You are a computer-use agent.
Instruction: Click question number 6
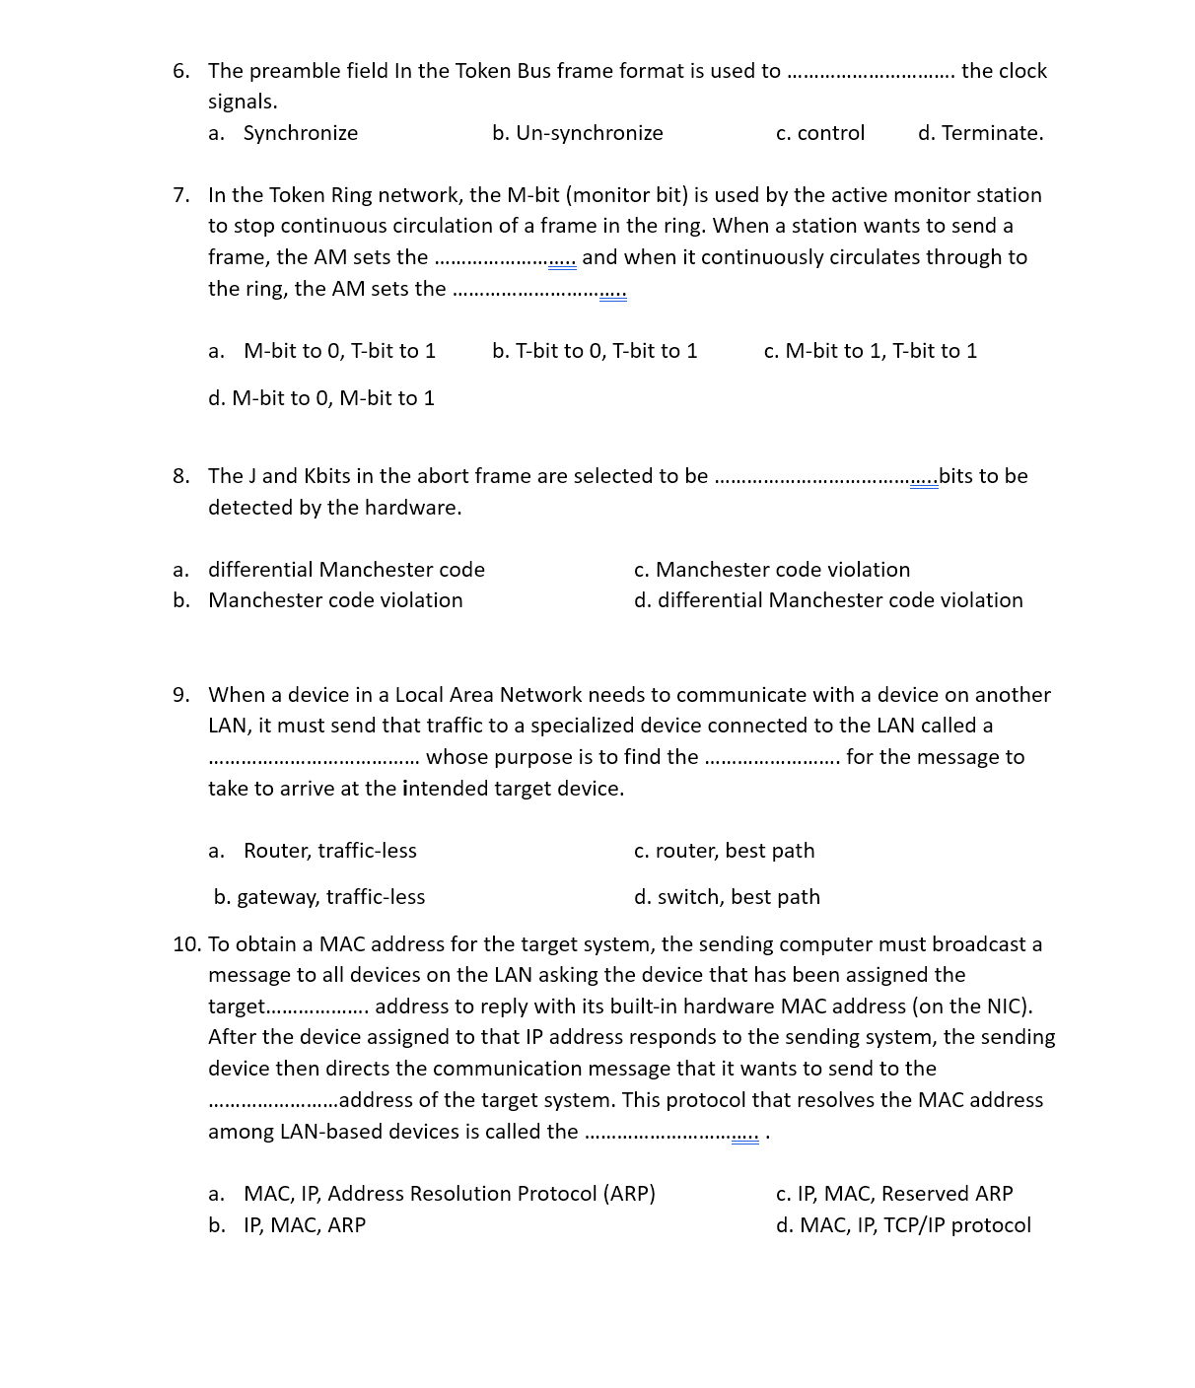[180, 71]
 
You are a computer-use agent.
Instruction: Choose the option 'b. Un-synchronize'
[577, 133]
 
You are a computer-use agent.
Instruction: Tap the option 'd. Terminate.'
[980, 133]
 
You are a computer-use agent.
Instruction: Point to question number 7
[180, 195]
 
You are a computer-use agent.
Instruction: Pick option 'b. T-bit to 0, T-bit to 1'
[595, 351]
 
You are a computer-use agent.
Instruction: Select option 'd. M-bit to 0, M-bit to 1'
[321, 398]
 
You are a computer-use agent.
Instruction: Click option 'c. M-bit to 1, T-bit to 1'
[870, 351]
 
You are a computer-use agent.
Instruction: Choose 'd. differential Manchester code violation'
[828, 600]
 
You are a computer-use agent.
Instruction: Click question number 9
[180, 695]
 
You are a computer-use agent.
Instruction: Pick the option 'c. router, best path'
[724, 851]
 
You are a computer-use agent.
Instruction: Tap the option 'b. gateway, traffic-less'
[319, 897]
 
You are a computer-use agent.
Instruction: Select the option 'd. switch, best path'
[727, 897]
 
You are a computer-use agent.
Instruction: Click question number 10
[185, 944]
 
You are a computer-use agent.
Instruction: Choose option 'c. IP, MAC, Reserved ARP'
[893, 1194]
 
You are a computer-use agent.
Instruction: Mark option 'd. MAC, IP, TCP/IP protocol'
[903, 1225]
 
